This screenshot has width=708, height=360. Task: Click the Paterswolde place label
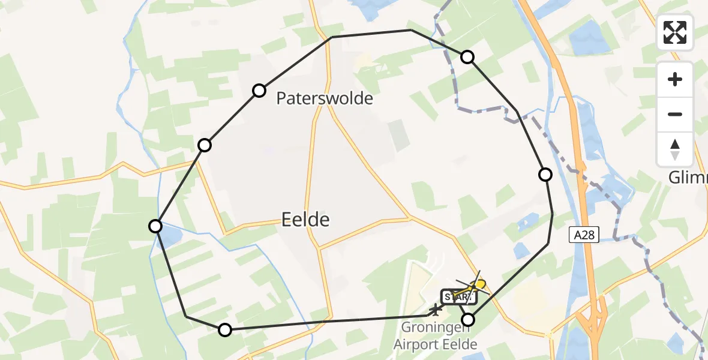pyautogui.click(x=325, y=98)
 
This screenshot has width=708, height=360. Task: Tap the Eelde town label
pyautogui.click(x=305, y=220)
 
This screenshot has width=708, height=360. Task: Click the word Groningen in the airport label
pyautogui.click(x=434, y=328)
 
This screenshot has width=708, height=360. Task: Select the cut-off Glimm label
pyautogui.click(x=688, y=178)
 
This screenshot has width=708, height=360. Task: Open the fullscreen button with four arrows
pyautogui.click(x=675, y=32)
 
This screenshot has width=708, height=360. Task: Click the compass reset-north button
pyautogui.click(x=675, y=149)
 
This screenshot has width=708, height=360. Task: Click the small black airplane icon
pyautogui.click(x=434, y=310)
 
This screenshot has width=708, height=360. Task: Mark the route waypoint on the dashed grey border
pyautogui.click(x=467, y=57)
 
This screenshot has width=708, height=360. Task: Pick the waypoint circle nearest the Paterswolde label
pyautogui.click(x=259, y=91)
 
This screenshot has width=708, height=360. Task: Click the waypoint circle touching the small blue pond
pyautogui.click(x=155, y=226)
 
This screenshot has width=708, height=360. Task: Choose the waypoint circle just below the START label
pyautogui.click(x=467, y=319)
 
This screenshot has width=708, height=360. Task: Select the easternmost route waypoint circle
pyautogui.click(x=545, y=175)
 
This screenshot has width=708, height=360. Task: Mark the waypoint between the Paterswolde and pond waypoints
pyautogui.click(x=205, y=145)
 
